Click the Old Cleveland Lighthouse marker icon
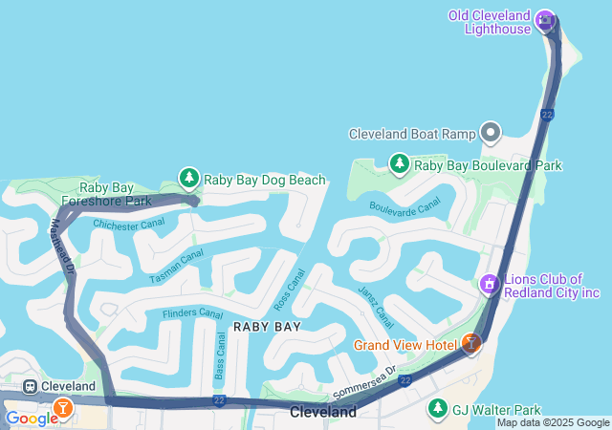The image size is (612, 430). pos(546,19)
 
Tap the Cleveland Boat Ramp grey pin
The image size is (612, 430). pos(492,133)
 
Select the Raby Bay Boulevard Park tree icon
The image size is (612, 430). pos(399,164)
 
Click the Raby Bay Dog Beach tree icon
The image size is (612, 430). pos(189,179)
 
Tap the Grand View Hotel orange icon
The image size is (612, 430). pos(470,343)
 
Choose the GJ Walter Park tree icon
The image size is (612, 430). pos(437,408)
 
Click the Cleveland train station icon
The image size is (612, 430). pos(31,386)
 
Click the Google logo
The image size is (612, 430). pos(31,418)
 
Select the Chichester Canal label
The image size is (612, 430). pos(129,225)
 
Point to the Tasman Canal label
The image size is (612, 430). pos(176,266)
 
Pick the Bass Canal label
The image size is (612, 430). pos(220,355)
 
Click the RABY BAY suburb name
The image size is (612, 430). pos(267,326)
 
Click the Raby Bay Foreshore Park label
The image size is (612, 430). pos(105,195)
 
